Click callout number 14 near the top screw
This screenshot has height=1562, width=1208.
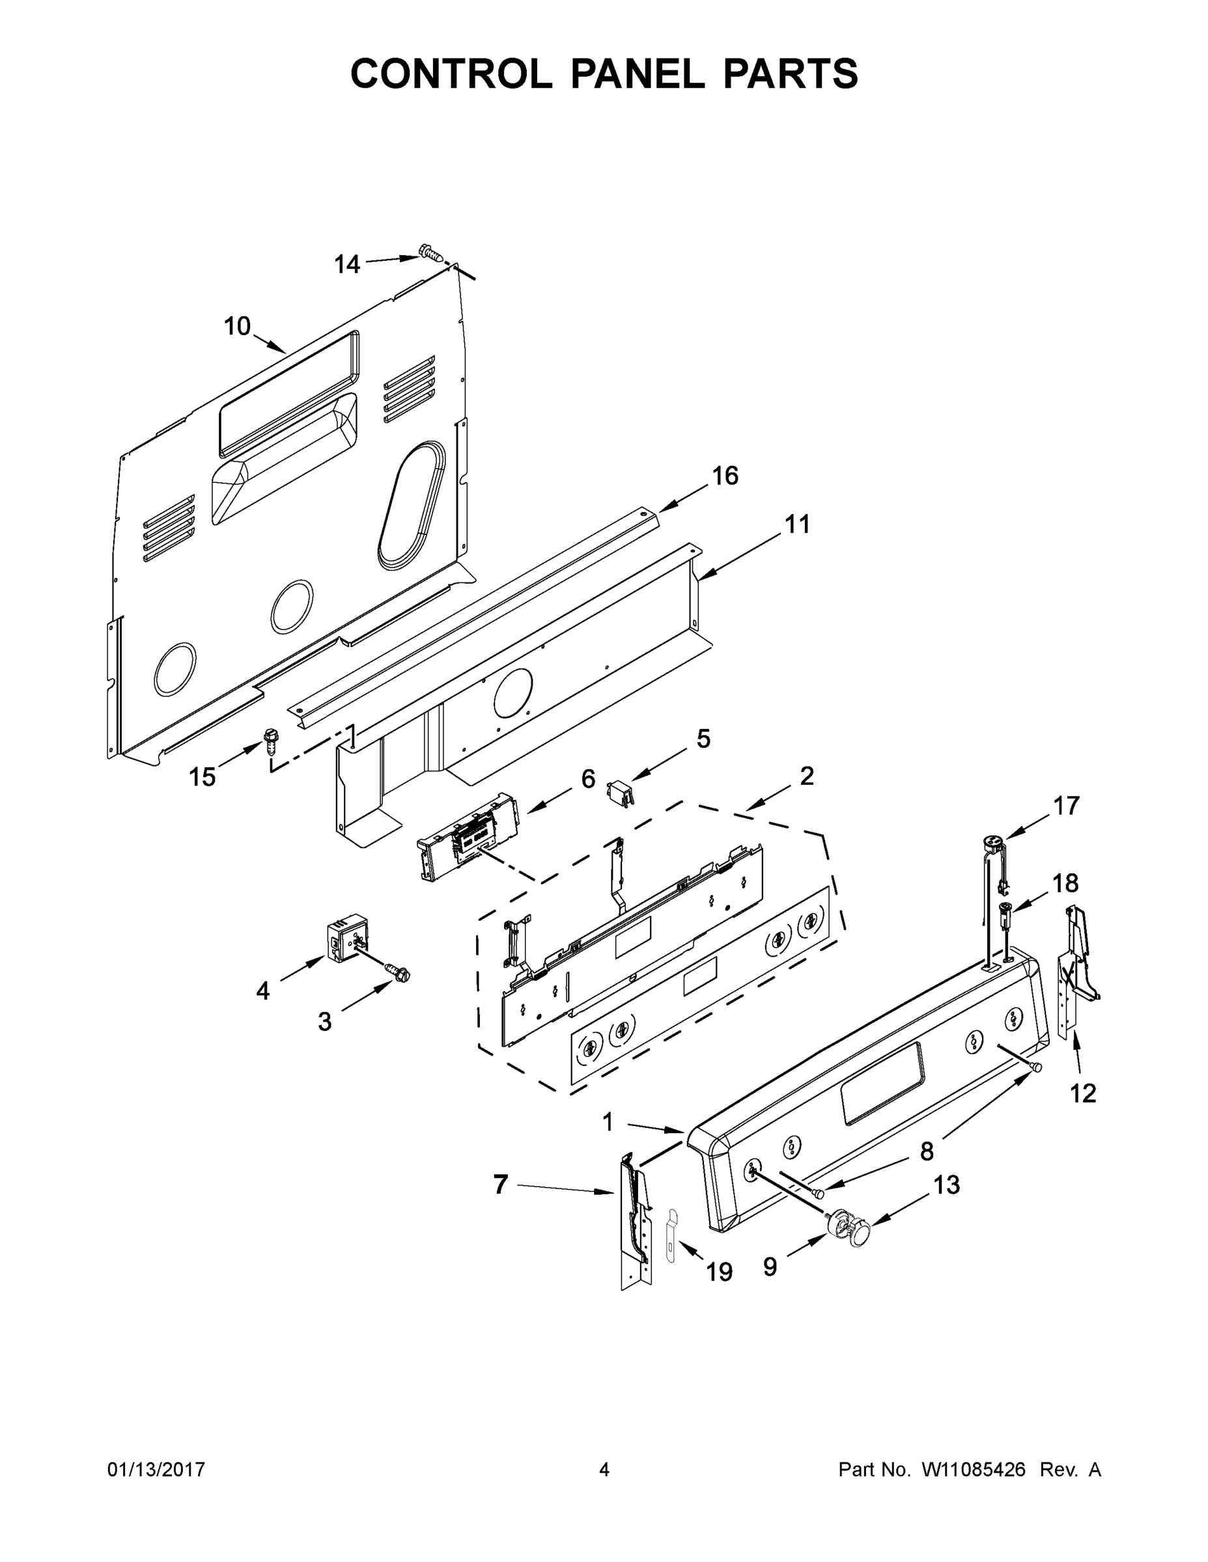(x=347, y=265)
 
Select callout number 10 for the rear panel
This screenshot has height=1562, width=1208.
(x=237, y=326)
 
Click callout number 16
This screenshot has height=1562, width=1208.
(x=725, y=476)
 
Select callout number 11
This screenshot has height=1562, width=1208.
(x=797, y=524)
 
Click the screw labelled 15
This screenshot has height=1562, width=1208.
(x=271, y=739)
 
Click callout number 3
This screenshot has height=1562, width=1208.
(x=324, y=1022)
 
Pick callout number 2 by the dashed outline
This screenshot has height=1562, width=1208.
(x=806, y=776)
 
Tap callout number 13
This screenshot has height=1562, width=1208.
(x=946, y=1185)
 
